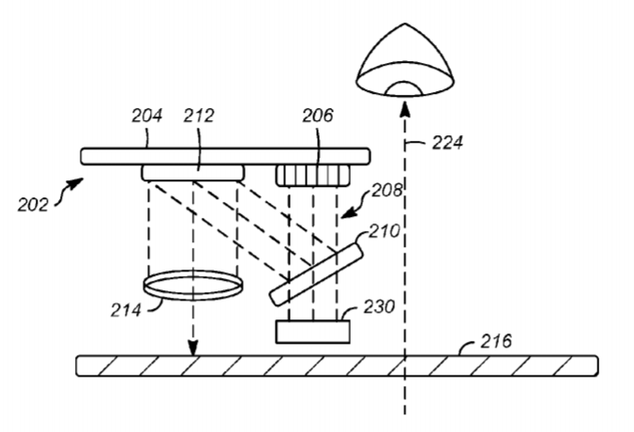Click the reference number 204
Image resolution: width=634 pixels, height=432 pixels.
[x=146, y=116]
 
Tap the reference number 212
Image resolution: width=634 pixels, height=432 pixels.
[x=199, y=116]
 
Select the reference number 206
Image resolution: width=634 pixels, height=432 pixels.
[x=318, y=116]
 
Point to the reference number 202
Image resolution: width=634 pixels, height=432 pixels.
[x=33, y=205]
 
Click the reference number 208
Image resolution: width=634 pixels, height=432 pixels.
[x=387, y=191]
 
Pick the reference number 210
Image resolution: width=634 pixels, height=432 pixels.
[x=385, y=231]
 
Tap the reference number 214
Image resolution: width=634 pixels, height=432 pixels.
[x=127, y=311]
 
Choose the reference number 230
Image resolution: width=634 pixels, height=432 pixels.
[x=379, y=307]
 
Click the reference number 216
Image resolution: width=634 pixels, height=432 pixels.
[x=496, y=341]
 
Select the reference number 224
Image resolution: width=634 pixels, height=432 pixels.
[x=447, y=143]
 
